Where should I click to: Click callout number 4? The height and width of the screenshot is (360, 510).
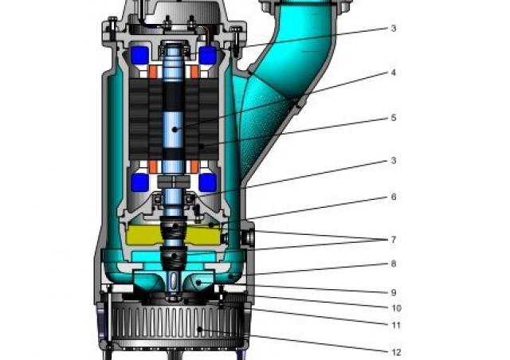[394, 72]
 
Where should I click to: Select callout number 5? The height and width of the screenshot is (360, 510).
[394, 117]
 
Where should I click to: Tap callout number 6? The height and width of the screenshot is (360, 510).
[394, 197]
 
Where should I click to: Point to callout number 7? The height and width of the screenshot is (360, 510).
[394, 240]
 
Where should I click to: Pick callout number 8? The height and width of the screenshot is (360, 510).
[394, 264]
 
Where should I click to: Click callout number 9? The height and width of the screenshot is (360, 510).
[394, 292]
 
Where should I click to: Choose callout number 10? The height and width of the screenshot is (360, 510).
[396, 308]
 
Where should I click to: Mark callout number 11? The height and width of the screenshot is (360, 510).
[396, 325]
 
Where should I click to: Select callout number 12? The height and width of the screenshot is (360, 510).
[396, 352]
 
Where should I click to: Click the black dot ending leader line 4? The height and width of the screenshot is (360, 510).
[175, 130]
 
